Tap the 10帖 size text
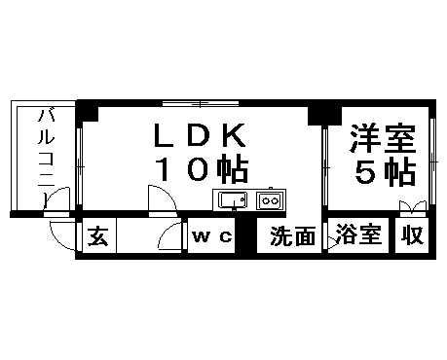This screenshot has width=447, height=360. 201,168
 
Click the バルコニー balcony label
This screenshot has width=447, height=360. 44,156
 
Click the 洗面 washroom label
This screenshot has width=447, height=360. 292,237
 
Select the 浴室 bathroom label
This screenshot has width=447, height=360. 358,236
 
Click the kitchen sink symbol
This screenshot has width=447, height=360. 232,201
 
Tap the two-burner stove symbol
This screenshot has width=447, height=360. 268,201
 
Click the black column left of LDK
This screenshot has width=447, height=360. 88,109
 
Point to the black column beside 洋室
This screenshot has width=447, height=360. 317,113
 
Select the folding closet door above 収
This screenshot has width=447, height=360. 413,207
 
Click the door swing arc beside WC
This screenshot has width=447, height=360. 172,237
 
